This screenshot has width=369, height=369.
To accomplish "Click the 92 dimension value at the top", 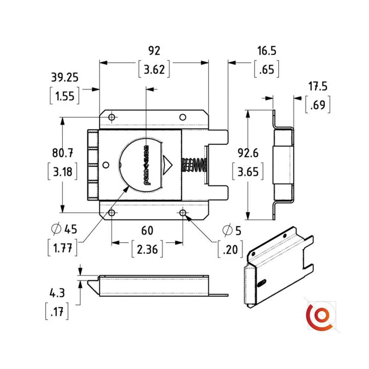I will pos(154,50).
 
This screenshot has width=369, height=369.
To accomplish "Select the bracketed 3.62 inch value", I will pos(154,69).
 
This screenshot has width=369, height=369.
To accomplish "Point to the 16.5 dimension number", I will pos(267,51).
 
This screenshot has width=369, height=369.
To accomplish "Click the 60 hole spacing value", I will pos(147,230).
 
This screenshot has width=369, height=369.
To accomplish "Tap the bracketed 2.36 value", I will pos(147,250).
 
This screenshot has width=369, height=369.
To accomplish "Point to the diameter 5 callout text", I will pos(231,231).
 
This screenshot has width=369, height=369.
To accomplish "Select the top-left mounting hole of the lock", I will pos(112,117).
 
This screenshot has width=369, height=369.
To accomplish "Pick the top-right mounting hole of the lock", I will pos(182,117).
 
